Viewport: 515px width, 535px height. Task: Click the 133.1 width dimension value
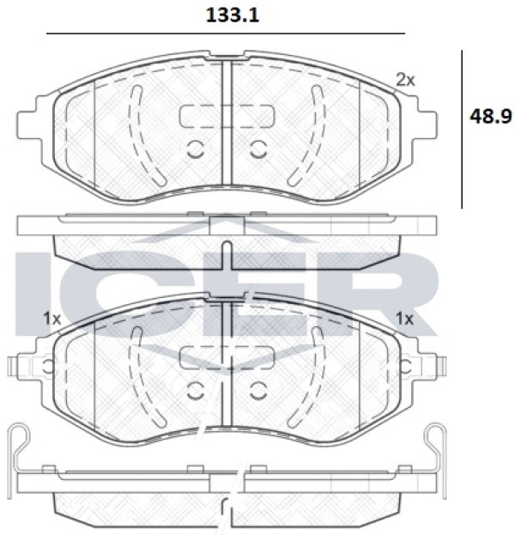point(233,15)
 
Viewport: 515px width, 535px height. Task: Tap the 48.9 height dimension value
point(491,116)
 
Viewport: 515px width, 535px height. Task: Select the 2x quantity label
point(405,80)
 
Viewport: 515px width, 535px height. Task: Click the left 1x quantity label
point(51,319)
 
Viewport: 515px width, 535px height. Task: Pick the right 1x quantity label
point(404,319)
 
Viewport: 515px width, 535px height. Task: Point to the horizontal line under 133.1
point(226,33)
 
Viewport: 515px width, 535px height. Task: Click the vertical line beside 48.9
point(462,130)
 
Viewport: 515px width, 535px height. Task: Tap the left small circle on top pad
point(196,149)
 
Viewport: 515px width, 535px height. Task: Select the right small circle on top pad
point(258,149)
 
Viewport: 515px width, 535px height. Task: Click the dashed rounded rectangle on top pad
point(227,116)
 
